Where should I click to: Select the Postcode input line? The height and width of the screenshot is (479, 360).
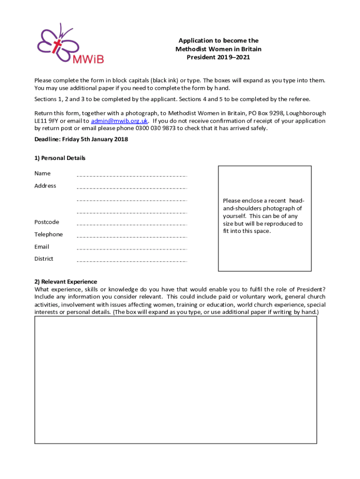[x=131, y=224]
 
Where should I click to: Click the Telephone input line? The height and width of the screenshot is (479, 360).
[x=131, y=236]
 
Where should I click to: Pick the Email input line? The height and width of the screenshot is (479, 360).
[x=131, y=248]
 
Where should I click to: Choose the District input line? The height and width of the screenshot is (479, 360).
[x=131, y=261]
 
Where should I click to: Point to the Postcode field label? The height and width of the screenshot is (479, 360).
[x=47, y=222]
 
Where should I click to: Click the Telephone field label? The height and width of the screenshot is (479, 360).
[x=48, y=234]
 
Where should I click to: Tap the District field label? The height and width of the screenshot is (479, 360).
[x=43, y=259]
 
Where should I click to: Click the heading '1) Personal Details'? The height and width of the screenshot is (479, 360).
[x=60, y=158]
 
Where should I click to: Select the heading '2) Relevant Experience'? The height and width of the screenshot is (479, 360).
[x=65, y=282]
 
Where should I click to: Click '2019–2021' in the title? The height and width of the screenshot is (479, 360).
[x=233, y=58]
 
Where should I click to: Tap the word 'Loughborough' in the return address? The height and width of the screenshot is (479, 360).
[x=306, y=113]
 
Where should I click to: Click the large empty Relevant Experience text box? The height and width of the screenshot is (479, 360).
[x=175, y=380]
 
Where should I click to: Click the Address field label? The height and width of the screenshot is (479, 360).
[x=45, y=186]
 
